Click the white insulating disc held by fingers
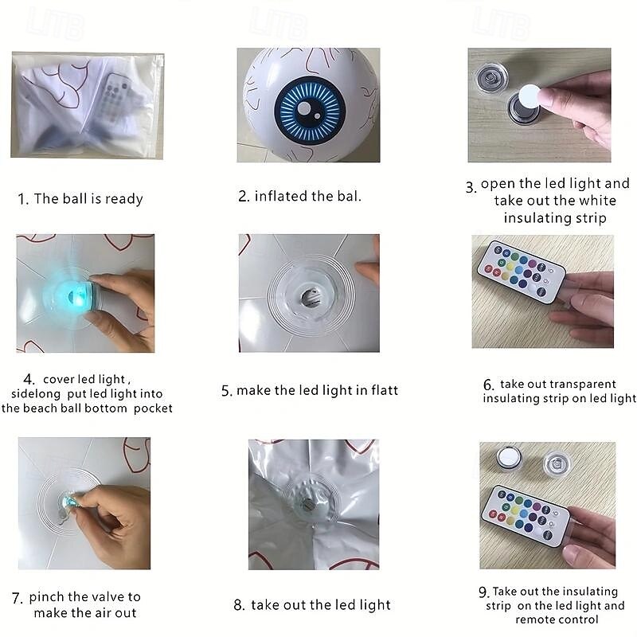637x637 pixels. click(x=530, y=96)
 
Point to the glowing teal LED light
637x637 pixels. click(x=74, y=295)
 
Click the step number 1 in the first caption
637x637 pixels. click(x=23, y=199)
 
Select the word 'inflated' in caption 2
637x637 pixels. click(x=281, y=196)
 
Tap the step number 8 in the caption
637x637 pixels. click(x=239, y=605)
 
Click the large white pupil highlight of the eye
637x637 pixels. click(x=304, y=108)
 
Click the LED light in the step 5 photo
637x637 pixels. click(x=310, y=298)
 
